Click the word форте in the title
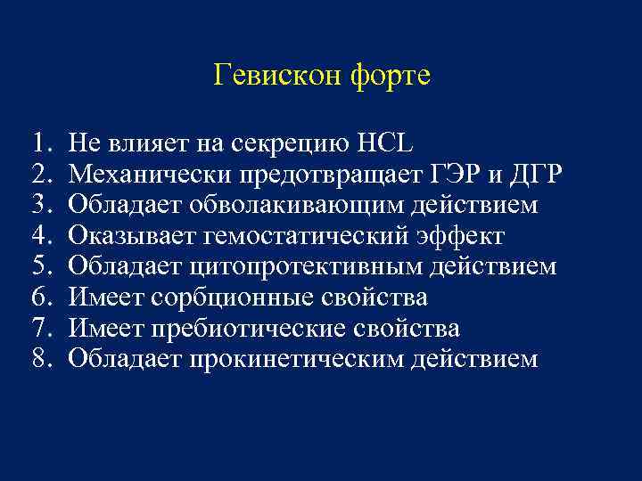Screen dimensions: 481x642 click(x=390, y=76)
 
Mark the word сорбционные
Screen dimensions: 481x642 click(x=239, y=298)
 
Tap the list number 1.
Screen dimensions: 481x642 click(x=37, y=143)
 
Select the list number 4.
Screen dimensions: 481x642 click(x=37, y=236)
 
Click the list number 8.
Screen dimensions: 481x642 click(x=37, y=360)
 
